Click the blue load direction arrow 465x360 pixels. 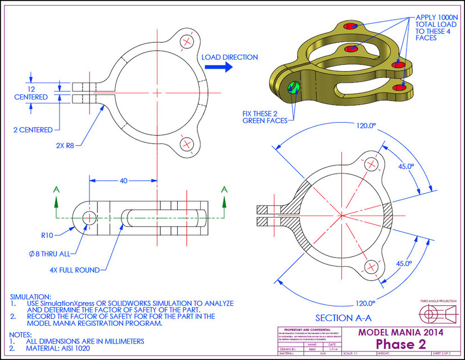click(218, 67)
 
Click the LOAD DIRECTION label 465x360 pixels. click(229, 57)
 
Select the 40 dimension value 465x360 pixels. click(123, 181)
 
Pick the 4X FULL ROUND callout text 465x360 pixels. click(75, 269)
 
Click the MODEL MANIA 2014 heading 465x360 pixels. click(401, 332)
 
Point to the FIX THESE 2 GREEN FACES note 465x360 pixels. click(265, 116)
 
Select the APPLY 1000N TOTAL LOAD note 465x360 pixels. click(435, 28)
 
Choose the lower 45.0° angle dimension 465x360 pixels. click(403, 263)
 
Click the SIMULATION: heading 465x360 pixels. click(31, 296)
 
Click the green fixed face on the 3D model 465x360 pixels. click(292, 88)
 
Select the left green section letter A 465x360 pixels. click(56, 190)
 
